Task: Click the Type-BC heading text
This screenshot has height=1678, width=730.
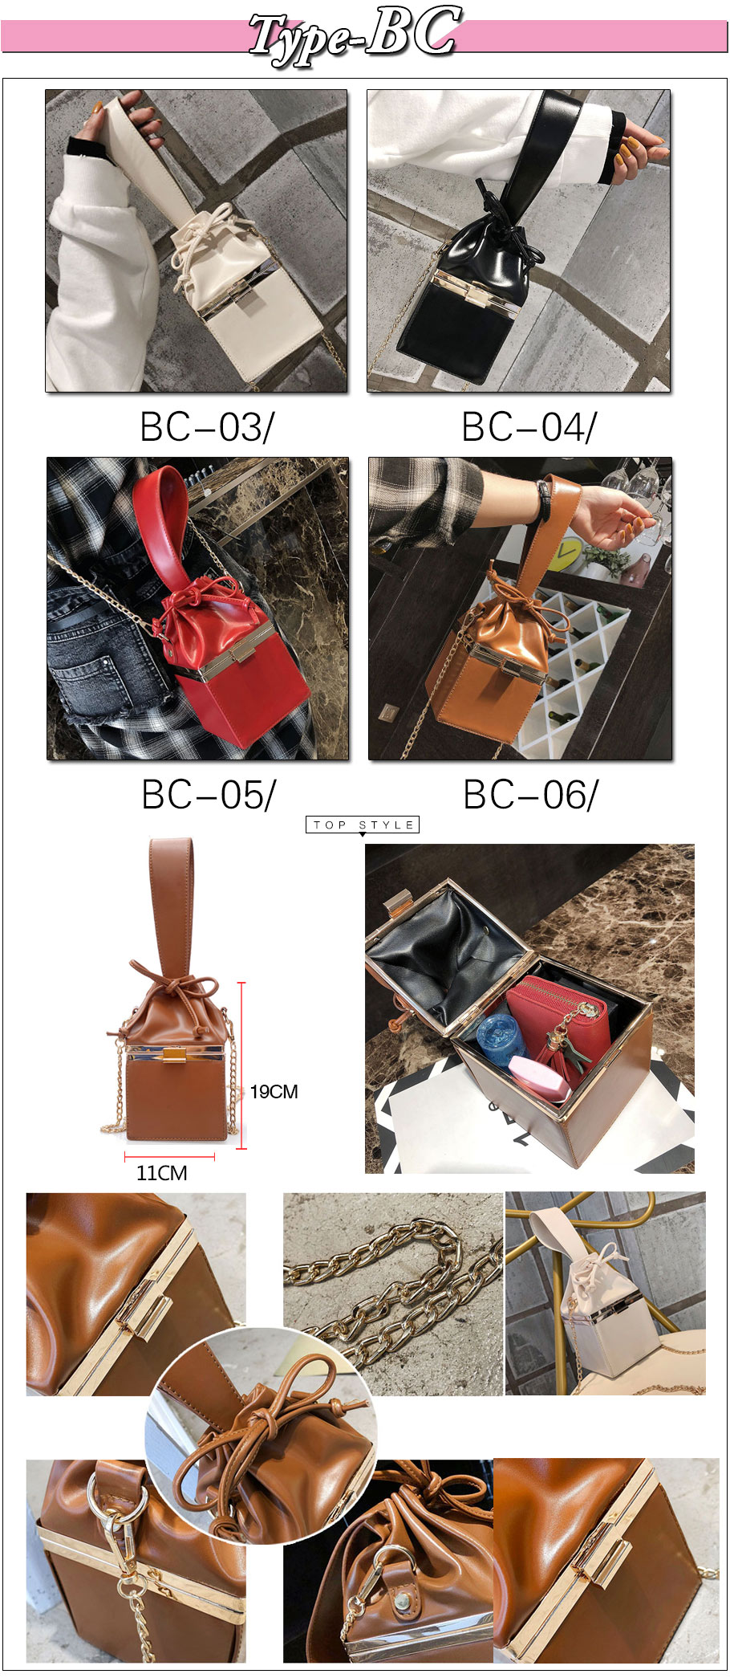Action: pyautogui.click(x=354, y=34)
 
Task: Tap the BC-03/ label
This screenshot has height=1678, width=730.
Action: pyautogui.click(x=207, y=427)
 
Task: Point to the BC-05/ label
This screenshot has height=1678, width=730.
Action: pyautogui.click(x=209, y=795)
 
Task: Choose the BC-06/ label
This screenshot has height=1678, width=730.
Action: pyautogui.click(x=531, y=795)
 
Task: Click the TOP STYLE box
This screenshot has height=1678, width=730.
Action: pyautogui.click(x=363, y=825)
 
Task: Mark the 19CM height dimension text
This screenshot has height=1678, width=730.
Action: pyautogui.click(x=274, y=1092)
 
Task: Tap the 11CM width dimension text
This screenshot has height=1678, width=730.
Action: pyautogui.click(x=162, y=1173)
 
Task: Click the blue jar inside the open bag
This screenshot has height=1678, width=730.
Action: pyautogui.click(x=501, y=1037)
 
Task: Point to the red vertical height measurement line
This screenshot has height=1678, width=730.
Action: pyautogui.click(x=241, y=1065)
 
